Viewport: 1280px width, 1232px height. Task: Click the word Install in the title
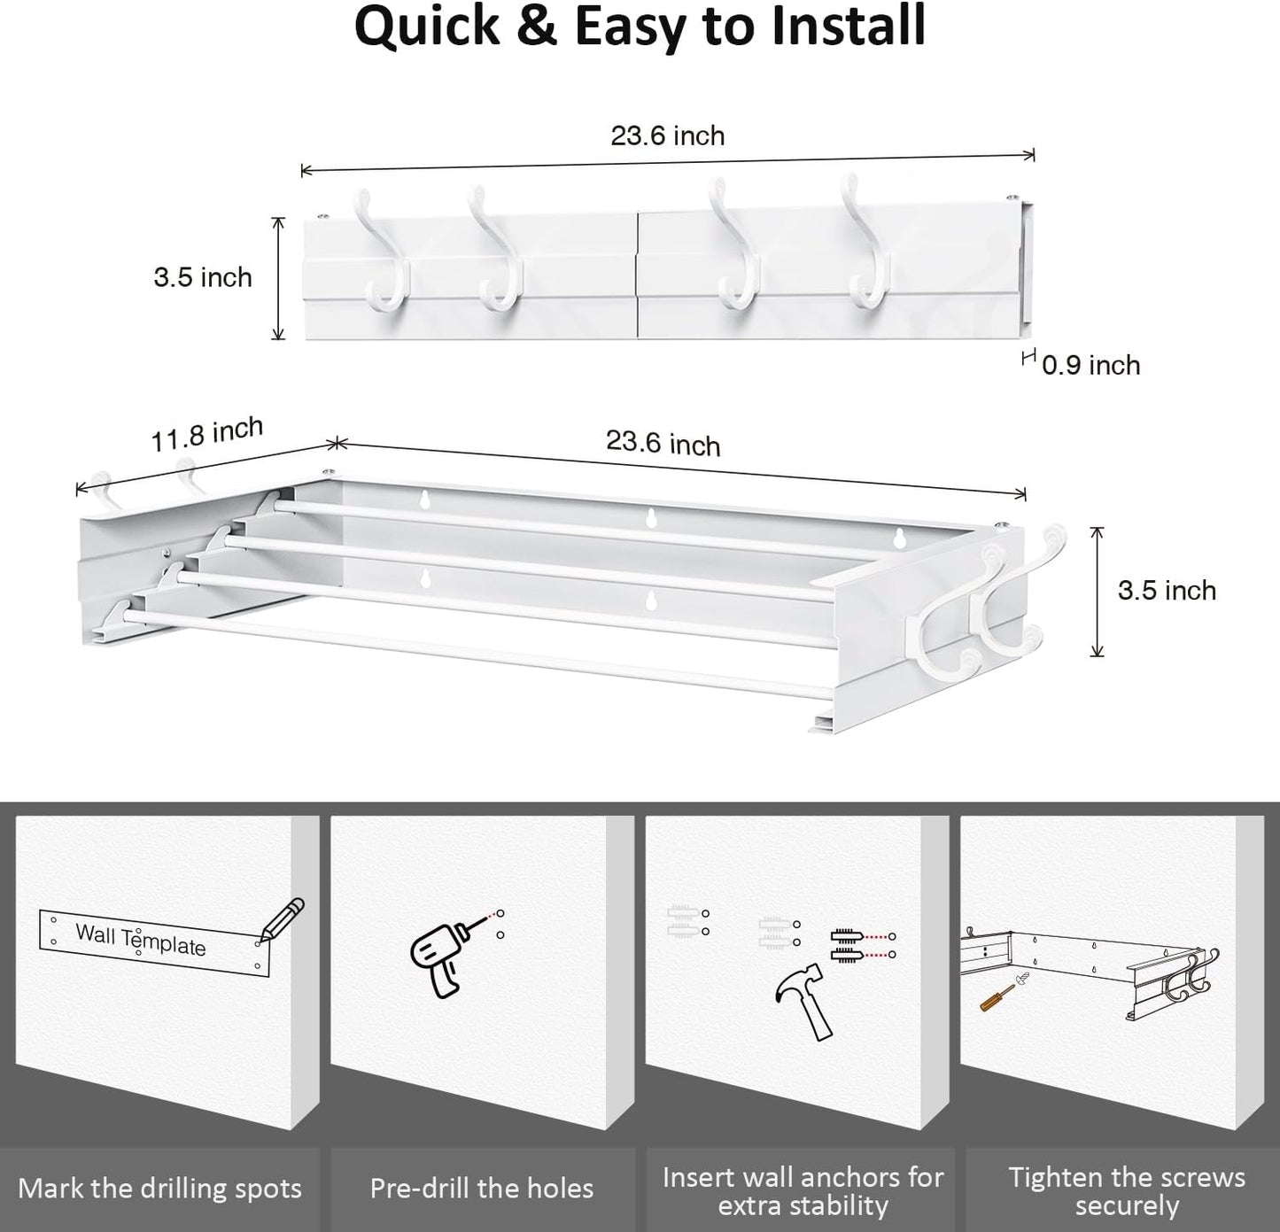coord(849,27)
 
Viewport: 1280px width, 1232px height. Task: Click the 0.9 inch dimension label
coord(1090,365)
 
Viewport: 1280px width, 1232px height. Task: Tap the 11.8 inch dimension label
coord(206,434)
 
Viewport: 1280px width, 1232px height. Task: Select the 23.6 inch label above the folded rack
coord(668,136)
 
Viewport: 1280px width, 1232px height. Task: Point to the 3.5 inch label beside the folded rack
coord(203,277)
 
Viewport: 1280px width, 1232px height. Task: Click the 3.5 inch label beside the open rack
coord(1167,591)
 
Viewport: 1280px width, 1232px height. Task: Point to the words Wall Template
coord(141,940)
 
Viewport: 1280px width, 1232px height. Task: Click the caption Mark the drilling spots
coord(159,1189)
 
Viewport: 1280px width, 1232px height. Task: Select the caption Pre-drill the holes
coord(482,1189)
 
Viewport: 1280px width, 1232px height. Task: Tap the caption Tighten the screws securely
coord(1126,1190)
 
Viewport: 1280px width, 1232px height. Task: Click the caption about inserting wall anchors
coord(803,1190)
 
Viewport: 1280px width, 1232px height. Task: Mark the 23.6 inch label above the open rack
coord(663,443)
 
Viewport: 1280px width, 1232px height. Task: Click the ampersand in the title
coord(538,27)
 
